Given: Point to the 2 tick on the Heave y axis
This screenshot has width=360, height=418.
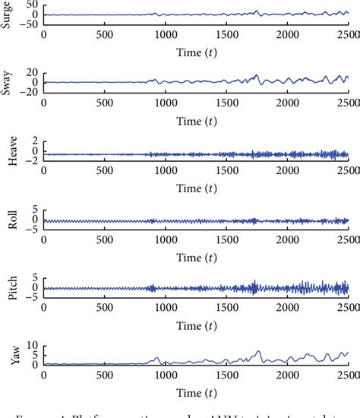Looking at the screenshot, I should tap(35, 141).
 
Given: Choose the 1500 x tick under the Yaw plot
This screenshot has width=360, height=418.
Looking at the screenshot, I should tap(226, 375).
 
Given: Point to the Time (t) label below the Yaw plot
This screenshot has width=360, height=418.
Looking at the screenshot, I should tap(195, 390).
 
